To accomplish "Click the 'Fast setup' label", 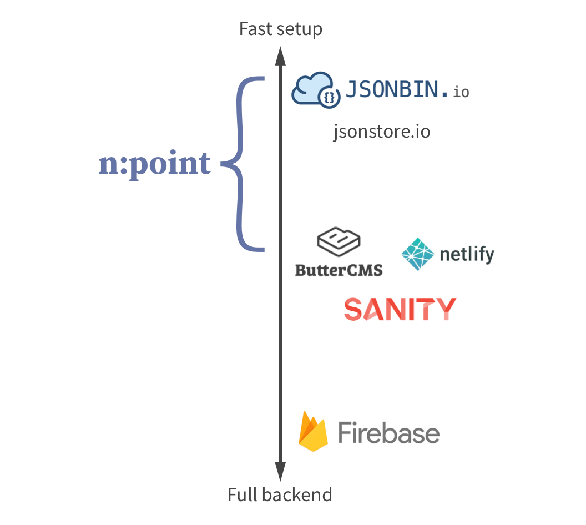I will click(280, 29).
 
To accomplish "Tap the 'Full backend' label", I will click(280, 494).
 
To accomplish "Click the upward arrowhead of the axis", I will click(280, 55).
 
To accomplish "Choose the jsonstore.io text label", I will click(381, 132).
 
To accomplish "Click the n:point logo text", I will click(155, 164).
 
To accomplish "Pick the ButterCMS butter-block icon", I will click(339, 242).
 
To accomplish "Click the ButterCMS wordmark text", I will click(339, 270).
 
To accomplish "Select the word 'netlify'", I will click(466, 255).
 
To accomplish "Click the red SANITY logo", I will click(400, 309).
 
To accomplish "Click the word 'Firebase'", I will click(388, 432).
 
